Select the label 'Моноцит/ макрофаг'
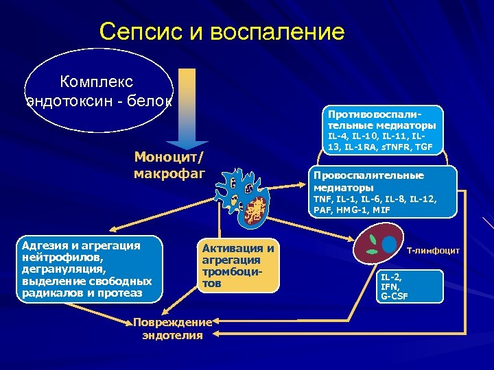pyautogui.click(x=169, y=165)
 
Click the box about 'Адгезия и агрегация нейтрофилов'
pyautogui.click(x=91, y=269)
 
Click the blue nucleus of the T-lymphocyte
pyautogui.click(x=390, y=244)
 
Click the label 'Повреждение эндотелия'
pyautogui.click(x=172, y=329)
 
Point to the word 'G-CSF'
pyautogui.click(x=395, y=296)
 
